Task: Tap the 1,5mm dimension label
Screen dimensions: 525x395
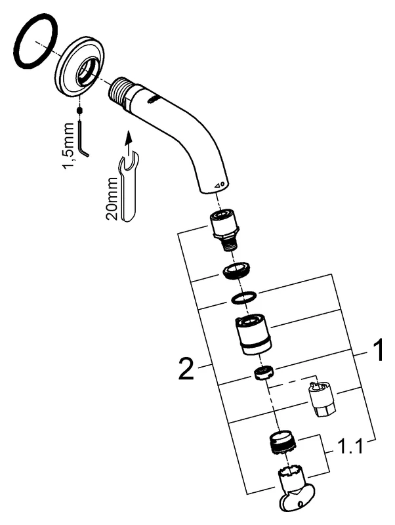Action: (x=68, y=145)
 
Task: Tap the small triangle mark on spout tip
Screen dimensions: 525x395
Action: (x=220, y=183)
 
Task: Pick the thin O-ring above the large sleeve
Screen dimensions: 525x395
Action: (x=242, y=297)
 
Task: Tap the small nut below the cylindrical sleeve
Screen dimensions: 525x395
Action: (x=263, y=375)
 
